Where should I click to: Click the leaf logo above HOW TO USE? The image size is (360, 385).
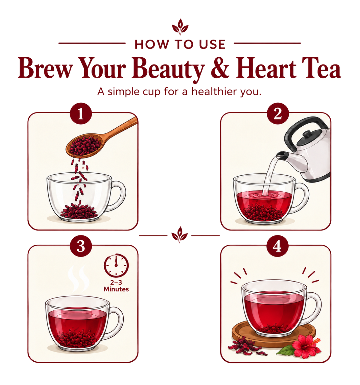180,27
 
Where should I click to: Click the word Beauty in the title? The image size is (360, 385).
168,69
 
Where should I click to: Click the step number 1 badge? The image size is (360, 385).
81,114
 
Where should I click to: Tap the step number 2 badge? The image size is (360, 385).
278,114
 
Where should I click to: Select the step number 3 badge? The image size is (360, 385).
81,246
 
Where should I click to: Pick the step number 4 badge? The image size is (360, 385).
277,246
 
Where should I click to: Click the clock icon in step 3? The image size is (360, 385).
116,265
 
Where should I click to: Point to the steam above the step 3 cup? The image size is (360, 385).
78,279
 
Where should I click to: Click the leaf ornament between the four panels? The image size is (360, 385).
179,234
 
